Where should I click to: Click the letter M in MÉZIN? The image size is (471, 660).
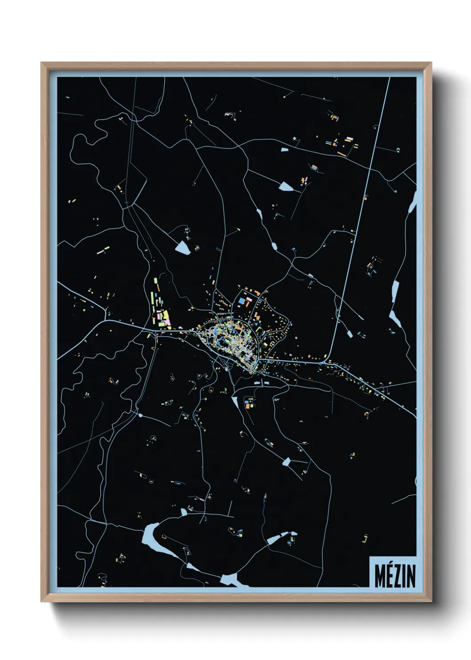coord(381,576)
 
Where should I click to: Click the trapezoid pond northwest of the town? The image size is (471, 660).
coord(183,247)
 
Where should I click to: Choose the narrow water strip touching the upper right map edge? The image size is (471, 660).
coord(412,203)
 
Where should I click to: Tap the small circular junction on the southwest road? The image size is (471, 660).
coord(140,415)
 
